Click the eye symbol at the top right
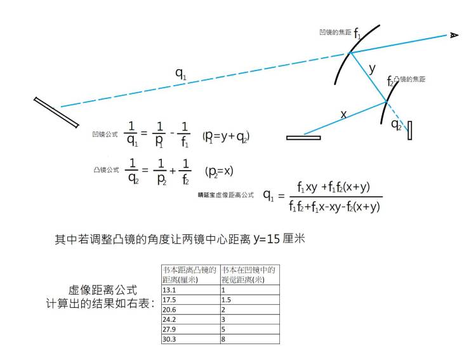pyautogui.click(x=454, y=36)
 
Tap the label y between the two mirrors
pyautogui.click(x=372, y=68)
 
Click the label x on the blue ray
pyautogui.click(x=343, y=115)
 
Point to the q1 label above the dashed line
pyautogui.click(x=182, y=74)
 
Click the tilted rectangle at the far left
pyautogui.click(x=56, y=112)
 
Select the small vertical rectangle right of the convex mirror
pyautogui.click(x=410, y=130)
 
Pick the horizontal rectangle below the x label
pyautogui.click(x=303, y=137)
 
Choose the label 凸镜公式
pyautogui.click(x=105, y=170)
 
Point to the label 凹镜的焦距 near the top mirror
pyautogui.click(x=334, y=32)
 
